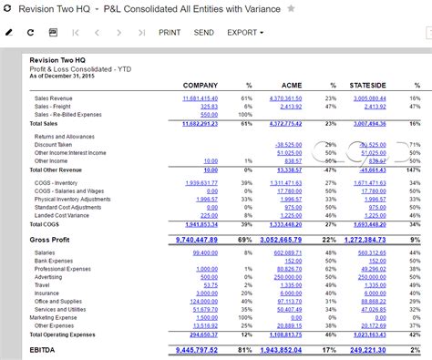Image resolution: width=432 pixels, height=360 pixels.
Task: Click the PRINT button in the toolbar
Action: click(x=170, y=32)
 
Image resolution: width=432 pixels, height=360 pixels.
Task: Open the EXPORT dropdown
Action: click(x=245, y=32)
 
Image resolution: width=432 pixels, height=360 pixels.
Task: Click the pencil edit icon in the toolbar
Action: click(x=9, y=32)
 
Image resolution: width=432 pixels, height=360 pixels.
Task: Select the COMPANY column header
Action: click(x=200, y=85)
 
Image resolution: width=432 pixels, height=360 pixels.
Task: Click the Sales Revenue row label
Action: click(x=55, y=98)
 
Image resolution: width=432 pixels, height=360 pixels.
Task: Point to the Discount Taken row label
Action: click(x=54, y=144)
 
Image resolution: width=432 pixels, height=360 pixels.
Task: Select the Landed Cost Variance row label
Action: click(x=63, y=214)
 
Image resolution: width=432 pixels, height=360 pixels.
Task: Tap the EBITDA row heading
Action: click(x=44, y=348)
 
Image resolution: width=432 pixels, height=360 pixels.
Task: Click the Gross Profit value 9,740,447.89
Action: click(x=189, y=238)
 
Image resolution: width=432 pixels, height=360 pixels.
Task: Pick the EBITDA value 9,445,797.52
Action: click(x=189, y=348)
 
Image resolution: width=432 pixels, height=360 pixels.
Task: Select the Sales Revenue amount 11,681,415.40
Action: click(x=200, y=98)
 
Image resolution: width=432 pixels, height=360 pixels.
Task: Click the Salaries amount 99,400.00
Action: click(x=205, y=252)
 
